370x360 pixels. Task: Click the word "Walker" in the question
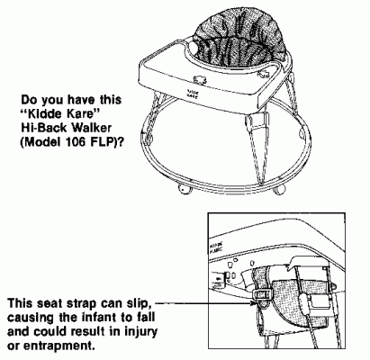coord(91,128)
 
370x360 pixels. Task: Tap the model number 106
coord(75,141)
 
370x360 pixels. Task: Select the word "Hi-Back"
coord(44,128)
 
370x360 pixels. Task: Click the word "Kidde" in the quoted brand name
coord(46,113)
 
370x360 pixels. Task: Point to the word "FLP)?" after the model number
coord(106,141)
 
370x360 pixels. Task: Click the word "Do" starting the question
coord(29,100)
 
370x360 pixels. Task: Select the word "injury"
coord(140,332)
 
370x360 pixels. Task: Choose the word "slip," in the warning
coord(139,303)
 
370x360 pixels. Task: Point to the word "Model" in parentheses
coord(41,141)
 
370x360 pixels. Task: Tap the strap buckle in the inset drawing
coord(262,295)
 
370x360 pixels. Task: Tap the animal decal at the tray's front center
coord(200,79)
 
